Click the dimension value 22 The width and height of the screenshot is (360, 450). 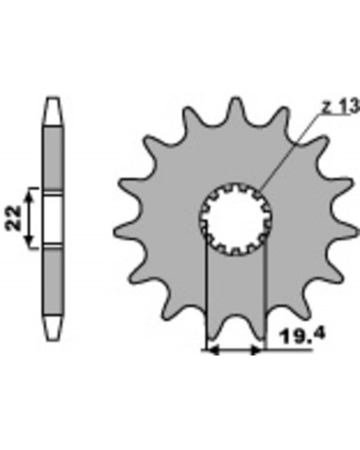pos(14,218)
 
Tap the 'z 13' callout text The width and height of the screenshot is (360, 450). pos(340,106)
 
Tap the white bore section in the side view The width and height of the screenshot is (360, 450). pos(54,219)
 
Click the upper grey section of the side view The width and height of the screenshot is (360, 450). pos(54,157)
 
